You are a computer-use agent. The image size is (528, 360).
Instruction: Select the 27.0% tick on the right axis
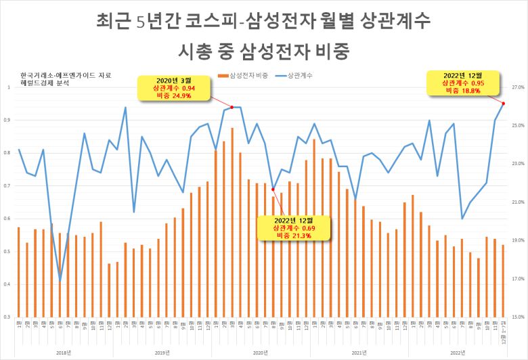[x=518, y=88]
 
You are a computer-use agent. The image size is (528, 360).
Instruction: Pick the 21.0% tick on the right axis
[x=518, y=202]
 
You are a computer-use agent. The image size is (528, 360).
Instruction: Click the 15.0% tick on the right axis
[x=518, y=317]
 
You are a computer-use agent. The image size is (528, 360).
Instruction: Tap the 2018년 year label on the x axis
[x=64, y=352]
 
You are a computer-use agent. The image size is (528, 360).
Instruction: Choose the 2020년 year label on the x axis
[x=261, y=352]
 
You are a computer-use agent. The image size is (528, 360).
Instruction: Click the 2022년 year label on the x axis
[x=458, y=352]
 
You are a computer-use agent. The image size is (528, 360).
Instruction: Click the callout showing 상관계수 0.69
[x=294, y=228]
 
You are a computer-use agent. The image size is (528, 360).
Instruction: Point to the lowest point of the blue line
[x=60, y=280]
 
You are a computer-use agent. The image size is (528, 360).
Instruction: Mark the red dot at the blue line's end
[x=503, y=103]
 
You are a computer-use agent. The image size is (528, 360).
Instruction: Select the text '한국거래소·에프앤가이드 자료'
[x=65, y=74]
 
